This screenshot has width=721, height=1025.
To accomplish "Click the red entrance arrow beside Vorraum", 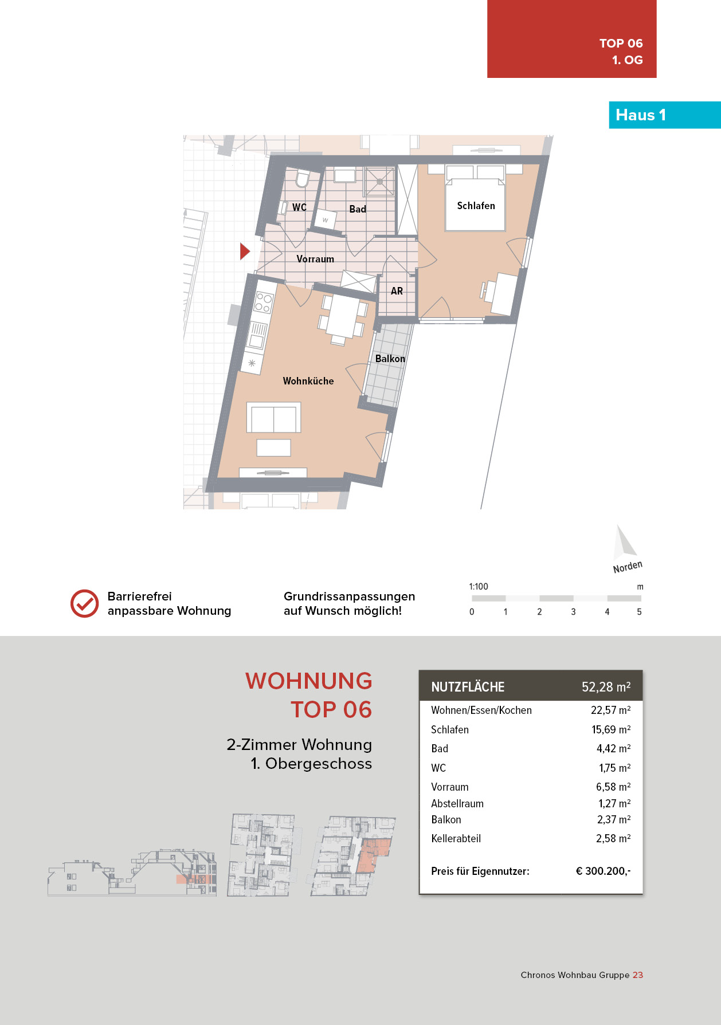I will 245,251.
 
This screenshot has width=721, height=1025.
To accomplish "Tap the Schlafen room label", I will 476,206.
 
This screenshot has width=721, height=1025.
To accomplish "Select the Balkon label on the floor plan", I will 390,359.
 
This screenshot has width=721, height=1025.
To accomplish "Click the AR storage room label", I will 397,291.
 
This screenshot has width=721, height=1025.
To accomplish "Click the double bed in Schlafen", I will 475,198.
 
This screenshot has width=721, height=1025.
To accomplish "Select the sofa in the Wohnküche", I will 273,418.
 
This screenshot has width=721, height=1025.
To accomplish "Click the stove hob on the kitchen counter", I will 263,302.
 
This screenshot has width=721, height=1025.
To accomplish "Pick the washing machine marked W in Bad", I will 326,219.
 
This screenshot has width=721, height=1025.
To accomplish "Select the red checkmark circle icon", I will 84,603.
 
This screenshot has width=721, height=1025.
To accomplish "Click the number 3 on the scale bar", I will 573,612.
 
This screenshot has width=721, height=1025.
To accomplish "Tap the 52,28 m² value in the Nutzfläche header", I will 606,687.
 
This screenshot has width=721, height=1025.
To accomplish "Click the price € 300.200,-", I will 603,871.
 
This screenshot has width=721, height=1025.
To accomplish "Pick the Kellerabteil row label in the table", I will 456,838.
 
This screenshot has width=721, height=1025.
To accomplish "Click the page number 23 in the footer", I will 638,975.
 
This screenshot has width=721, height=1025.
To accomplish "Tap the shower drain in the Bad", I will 379,182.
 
